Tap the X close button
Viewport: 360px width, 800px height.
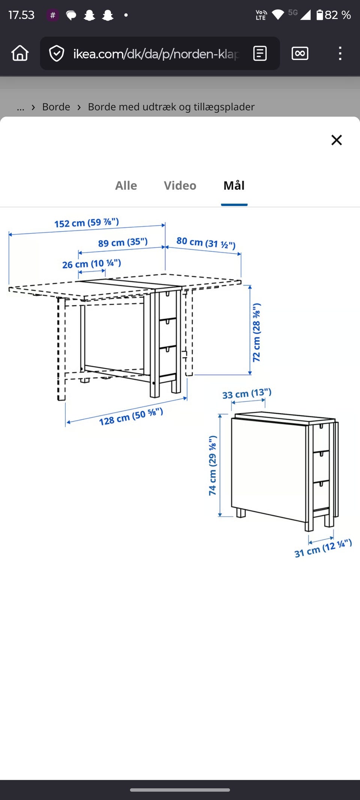336,140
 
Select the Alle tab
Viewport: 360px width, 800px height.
126,186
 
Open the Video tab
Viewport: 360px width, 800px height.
180,186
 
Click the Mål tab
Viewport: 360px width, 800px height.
234,185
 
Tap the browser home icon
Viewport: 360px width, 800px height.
20,53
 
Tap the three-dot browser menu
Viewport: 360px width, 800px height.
340,53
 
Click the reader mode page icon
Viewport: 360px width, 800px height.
260,53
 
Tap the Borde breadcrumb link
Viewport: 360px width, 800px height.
56,107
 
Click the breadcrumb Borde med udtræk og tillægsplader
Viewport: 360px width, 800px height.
171,107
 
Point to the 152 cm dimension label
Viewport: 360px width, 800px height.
87,223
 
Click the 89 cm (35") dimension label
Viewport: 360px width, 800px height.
123,242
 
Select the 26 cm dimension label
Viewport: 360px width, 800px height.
91,264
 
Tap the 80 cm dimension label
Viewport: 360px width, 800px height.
206,243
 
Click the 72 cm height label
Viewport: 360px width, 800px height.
256,332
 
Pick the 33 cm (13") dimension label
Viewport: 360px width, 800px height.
247,394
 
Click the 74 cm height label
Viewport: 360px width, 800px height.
213,465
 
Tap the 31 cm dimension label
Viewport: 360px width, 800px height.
323,548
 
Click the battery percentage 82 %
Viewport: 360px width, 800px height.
337,15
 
